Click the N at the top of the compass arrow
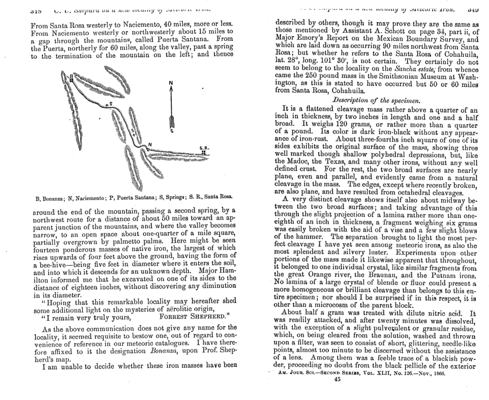tap(170, 83)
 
